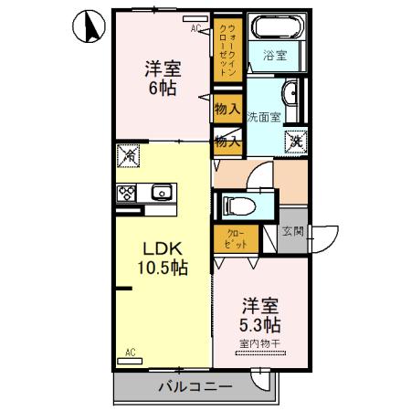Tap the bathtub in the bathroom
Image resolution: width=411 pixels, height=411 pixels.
point(275,27)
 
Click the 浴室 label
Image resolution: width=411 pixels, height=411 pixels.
point(274,56)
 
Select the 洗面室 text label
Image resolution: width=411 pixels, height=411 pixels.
point(263,116)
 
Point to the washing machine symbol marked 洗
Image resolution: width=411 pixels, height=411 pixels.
point(297,141)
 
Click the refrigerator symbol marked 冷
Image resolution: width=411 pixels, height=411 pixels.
point(129,157)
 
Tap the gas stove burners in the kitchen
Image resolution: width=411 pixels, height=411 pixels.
point(127,193)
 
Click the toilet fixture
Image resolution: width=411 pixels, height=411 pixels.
point(240,205)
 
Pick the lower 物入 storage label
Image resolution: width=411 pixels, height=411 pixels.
point(227,141)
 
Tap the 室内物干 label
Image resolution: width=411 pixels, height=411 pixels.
point(259,343)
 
